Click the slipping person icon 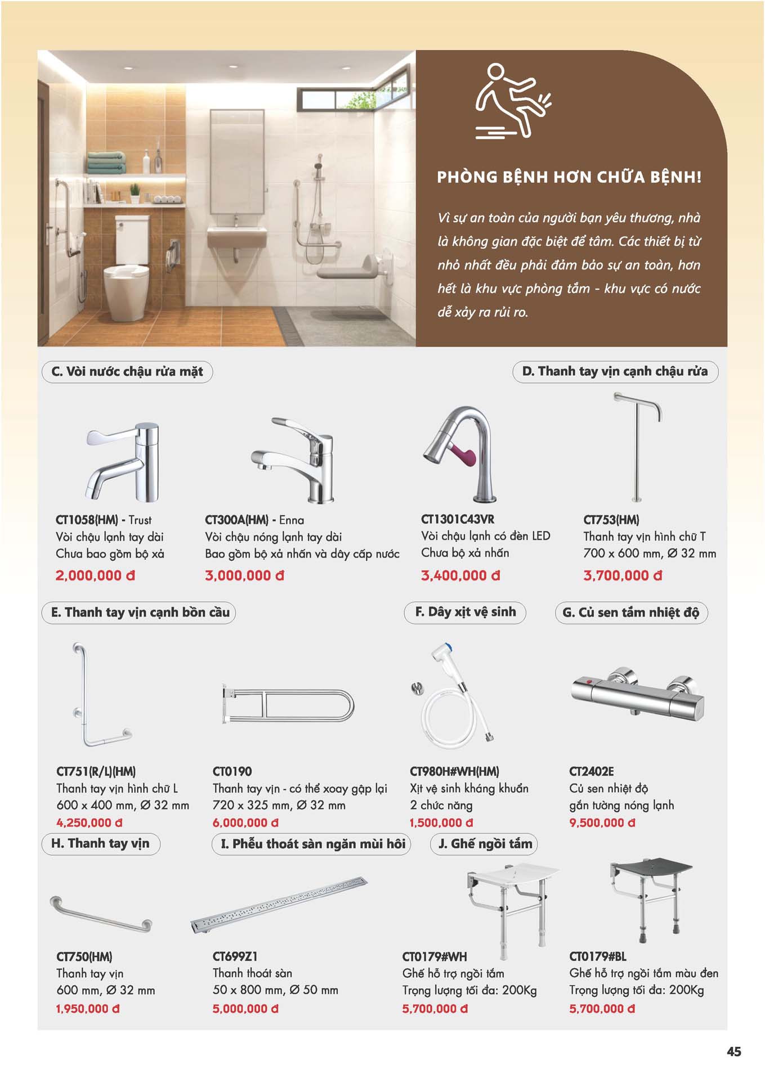point(512,101)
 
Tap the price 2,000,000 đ point(95,575)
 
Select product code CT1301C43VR point(458,519)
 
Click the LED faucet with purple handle point(459,453)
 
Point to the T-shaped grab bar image point(637,447)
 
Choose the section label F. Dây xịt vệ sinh point(465,612)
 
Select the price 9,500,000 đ point(602,822)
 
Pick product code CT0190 point(232,771)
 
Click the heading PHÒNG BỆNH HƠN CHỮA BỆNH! point(569,177)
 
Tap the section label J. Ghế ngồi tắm point(485,844)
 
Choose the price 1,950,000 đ point(88,1009)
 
